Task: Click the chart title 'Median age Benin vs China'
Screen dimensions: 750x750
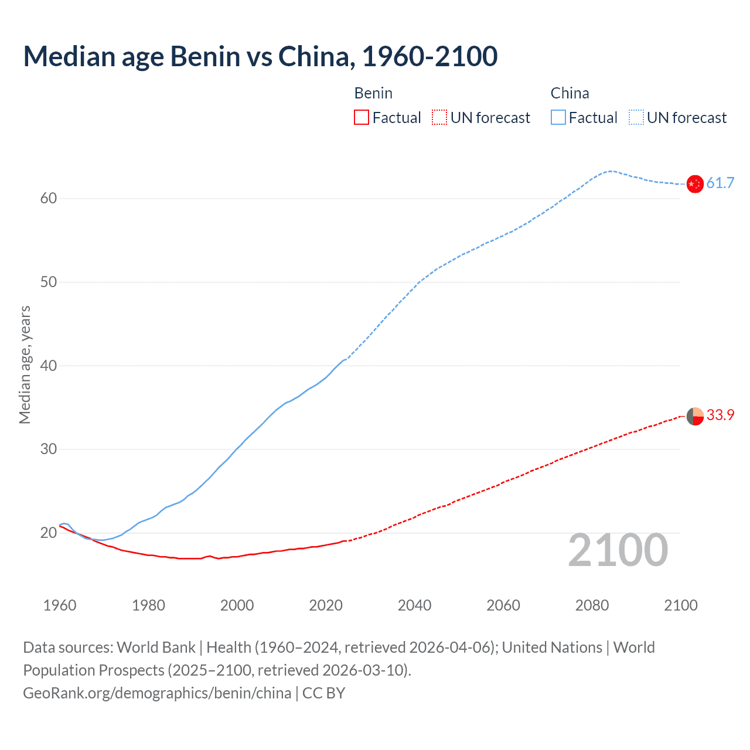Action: (260, 56)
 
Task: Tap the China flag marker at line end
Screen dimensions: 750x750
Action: (694, 184)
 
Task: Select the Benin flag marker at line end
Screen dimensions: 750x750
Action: (694, 416)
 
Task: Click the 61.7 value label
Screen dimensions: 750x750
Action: (720, 183)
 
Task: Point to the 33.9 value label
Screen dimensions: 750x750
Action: (720, 415)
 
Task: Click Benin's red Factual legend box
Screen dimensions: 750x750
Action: (362, 118)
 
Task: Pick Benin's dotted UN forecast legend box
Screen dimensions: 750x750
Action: (439, 118)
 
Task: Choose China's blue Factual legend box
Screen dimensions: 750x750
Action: (558, 118)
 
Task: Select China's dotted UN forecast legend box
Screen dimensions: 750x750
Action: (636, 118)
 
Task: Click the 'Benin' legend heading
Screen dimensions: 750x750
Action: (373, 94)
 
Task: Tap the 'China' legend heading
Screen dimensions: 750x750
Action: (570, 94)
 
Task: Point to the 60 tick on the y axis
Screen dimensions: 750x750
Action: (49, 199)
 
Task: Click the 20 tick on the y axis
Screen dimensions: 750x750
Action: (49, 533)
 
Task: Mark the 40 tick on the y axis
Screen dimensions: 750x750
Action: (49, 366)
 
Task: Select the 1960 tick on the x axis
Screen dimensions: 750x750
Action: (60, 605)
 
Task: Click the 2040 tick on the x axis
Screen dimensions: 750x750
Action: (414, 605)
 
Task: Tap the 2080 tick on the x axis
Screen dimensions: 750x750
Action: (592, 605)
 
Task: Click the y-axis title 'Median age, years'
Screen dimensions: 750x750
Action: (25, 364)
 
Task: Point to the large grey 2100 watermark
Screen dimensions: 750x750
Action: (618, 550)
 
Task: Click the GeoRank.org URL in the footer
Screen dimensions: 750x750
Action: (157, 693)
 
